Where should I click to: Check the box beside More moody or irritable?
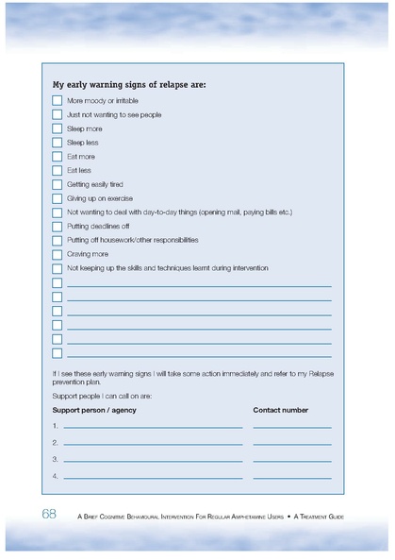[57, 100]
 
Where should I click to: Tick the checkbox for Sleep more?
[57, 128]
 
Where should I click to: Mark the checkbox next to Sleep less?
[57, 143]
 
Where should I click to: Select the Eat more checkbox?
[57, 157]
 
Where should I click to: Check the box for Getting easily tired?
[57, 184]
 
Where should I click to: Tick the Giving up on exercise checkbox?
[57, 198]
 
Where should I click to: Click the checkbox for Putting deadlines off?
[57, 227]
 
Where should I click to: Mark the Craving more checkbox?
[57, 254]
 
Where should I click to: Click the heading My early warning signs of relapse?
[128, 83]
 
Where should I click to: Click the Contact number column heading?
[280, 410]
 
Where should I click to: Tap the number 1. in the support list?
[56, 426]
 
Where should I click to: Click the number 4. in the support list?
[56, 475]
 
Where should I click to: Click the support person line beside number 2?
[153, 444]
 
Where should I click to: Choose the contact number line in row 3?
[291, 460]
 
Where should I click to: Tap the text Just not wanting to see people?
[114, 114]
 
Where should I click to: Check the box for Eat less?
[57, 171]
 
